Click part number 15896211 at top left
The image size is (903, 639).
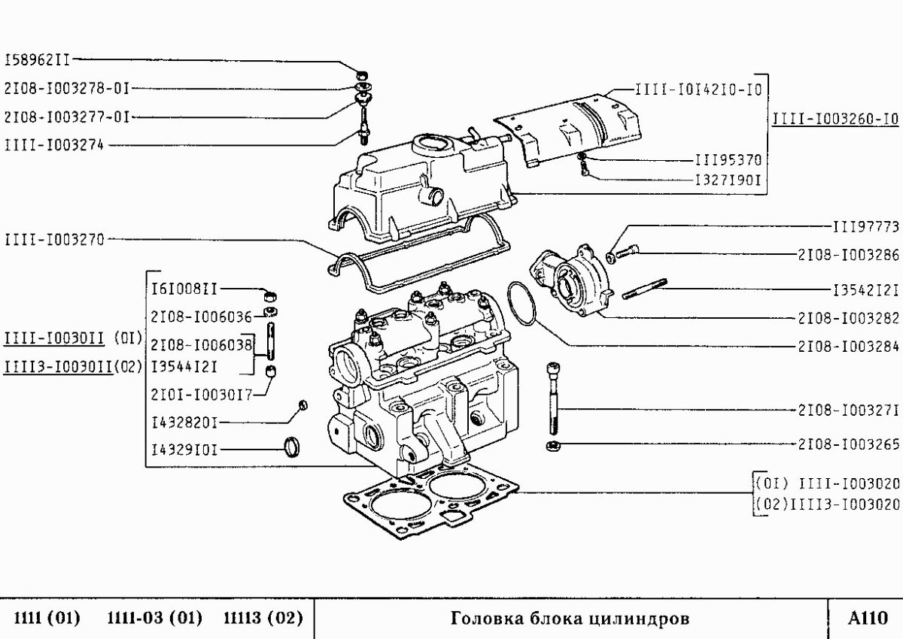pyautogui.click(x=39, y=59)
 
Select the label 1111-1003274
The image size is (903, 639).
pyautogui.click(x=53, y=145)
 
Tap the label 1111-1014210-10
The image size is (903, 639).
pyautogui.click(x=698, y=89)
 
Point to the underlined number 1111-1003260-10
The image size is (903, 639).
pyautogui.click(x=835, y=119)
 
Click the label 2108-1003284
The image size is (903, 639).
pyautogui.click(x=847, y=347)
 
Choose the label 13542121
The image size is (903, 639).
pyautogui.click(x=865, y=289)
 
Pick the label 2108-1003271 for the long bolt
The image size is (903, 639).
pyautogui.click(x=847, y=410)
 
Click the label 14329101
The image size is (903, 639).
pyautogui.click(x=184, y=450)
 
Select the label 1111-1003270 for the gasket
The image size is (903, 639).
pyautogui.click(x=53, y=239)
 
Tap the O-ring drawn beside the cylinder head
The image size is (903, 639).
pyautogui.click(x=521, y=303)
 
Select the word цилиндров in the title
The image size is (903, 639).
pyautogui.click(x=640, y=619)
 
